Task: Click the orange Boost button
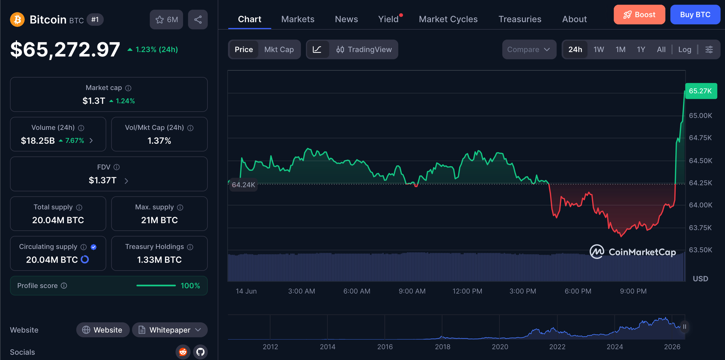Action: (639, 15)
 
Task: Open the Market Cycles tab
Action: (448, 19)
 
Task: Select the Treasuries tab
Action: (520, 19)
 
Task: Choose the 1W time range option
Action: (599, 49)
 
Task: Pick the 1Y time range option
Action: (641, 49)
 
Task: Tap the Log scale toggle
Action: (685, 49)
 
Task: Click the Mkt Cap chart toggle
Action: (279, 49)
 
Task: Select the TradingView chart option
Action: (364, 49)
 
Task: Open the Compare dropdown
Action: (529, 49)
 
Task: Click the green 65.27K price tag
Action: (701, 91)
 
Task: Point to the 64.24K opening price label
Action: (244, 185)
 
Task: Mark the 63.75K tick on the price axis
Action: (700, 228)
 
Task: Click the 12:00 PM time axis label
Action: (467, 291)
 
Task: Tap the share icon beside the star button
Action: (198, 20)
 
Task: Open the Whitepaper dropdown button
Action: (170, 330)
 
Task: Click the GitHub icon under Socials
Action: (201, 352)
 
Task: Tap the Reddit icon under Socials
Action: (183, 352)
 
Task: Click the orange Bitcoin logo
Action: (17, 20)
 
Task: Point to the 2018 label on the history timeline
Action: (442, 347)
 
